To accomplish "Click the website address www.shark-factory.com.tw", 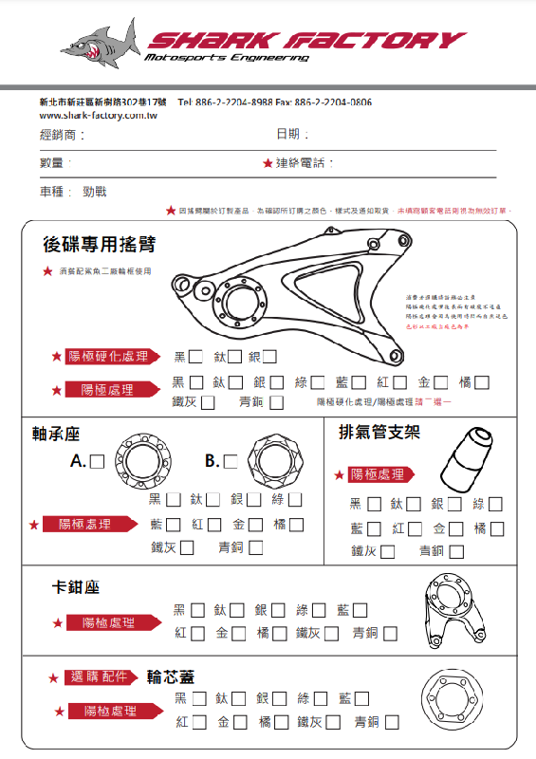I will tap(98, 115).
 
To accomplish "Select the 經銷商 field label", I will tap(62, 136).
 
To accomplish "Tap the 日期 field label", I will tap(292, 135).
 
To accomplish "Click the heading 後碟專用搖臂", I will tap(99, 245).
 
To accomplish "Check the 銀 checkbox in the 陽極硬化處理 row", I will tap(270, 358).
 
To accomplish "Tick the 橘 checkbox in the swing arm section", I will tap(482, 382).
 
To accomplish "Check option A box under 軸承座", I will tap(97, 462).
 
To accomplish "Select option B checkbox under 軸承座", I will tap(231, 462).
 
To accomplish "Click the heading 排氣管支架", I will tap(379, 433).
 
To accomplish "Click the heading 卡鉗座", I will tap(76, 588).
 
